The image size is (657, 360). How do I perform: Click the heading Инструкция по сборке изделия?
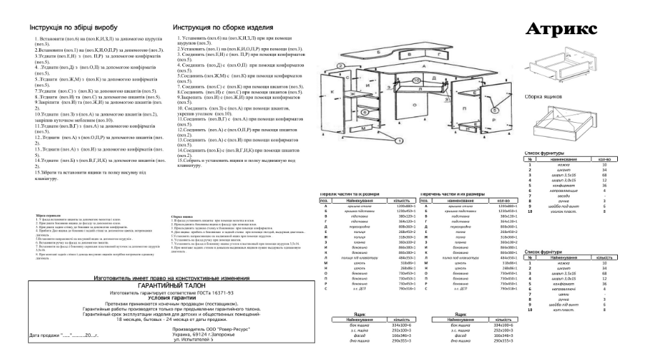point(222,29)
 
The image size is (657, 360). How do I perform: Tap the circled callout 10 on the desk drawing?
point(415,80)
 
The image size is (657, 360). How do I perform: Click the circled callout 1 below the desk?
point(399,140)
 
